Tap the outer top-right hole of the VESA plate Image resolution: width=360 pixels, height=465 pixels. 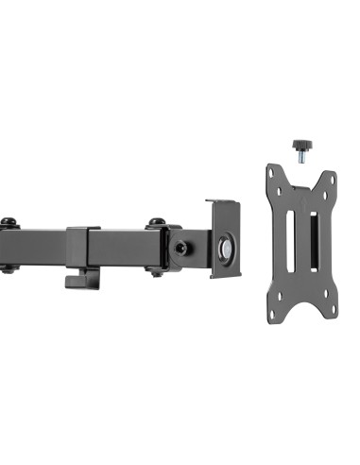(330, 173)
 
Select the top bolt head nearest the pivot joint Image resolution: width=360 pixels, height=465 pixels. (155, 224)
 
